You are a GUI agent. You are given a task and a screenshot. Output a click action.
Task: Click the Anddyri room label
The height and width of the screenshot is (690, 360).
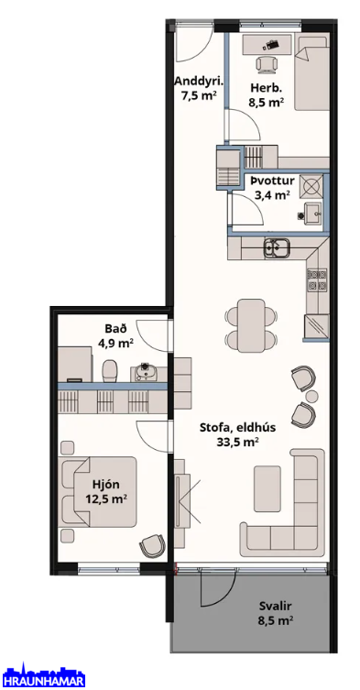click(x=200, y=82)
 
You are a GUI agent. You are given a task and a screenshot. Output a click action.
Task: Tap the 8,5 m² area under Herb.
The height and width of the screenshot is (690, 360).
click(x=266, y=103)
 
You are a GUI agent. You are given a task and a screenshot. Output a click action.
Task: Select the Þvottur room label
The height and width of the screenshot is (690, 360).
click(x=273, y=181)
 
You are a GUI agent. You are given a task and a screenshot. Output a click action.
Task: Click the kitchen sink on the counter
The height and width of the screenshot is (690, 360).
click(x=276, y=247)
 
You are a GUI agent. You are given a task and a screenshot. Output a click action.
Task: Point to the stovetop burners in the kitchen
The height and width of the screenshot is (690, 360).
click(x=317, y=280)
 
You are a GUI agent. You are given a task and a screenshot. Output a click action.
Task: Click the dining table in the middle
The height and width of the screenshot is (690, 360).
click(x=251, y=325)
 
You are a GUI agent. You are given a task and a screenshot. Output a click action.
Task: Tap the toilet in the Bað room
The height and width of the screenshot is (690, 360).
click(x=110, y=371)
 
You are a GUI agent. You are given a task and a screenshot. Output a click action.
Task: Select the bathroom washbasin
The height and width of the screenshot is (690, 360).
click(x=145, y=372)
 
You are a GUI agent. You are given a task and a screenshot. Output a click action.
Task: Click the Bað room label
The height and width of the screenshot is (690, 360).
click(x=113, y=328)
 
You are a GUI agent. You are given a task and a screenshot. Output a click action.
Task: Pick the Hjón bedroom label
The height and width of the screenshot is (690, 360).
click(x=106, y=485)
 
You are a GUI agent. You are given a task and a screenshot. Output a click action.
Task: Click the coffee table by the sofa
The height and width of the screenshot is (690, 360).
click(x=267, y=488)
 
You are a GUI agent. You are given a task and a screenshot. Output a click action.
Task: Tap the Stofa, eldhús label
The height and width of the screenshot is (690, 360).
click(x=237, y=427)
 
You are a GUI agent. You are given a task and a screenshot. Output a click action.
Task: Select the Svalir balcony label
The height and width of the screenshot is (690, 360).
click(x=276, y=607)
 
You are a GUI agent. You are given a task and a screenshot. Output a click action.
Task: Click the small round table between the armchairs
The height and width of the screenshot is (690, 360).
click(x=312, y=396)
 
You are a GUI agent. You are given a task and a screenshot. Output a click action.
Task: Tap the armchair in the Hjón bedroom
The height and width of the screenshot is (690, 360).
click(x=152, y=545)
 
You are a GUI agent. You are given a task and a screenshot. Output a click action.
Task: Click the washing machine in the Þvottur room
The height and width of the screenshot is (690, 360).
click(x=311, y=186)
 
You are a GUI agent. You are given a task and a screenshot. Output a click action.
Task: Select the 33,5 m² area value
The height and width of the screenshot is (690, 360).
click(x=237, y=443)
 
